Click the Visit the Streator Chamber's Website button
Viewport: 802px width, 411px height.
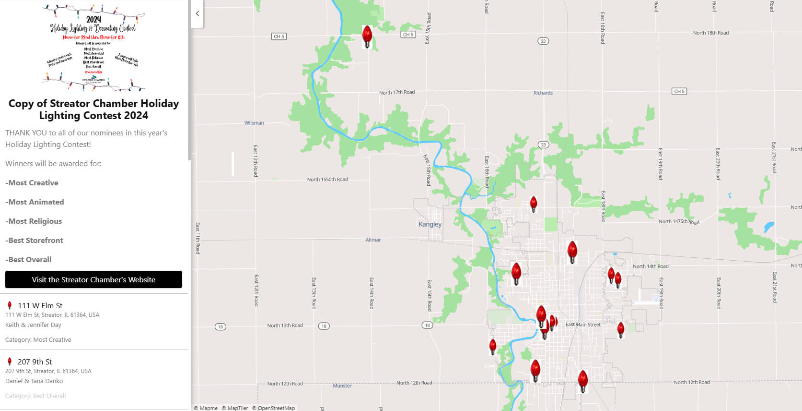[93, 279]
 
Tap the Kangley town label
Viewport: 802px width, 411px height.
[430, 224]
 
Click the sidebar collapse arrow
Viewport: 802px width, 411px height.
[197, 13]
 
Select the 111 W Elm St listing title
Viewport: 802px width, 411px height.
[40, 305]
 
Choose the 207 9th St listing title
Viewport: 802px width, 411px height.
[35, 362]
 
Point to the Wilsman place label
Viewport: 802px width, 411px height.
[254, 123]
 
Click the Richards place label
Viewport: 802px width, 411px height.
[543, 93]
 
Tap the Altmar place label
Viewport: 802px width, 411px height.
[373, 240]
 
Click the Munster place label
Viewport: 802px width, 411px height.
[342, 386]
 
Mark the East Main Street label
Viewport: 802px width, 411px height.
[582, 325]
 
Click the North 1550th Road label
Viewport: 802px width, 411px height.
[327, 180]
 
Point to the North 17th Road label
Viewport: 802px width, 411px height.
[396, 92]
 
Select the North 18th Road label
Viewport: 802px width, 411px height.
[710, 33]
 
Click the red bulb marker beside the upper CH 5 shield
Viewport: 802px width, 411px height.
[367, 36]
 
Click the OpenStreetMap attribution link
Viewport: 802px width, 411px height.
[276, 408]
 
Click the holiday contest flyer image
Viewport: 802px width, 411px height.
[93, 48]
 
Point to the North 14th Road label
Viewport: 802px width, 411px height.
[651, 266]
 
